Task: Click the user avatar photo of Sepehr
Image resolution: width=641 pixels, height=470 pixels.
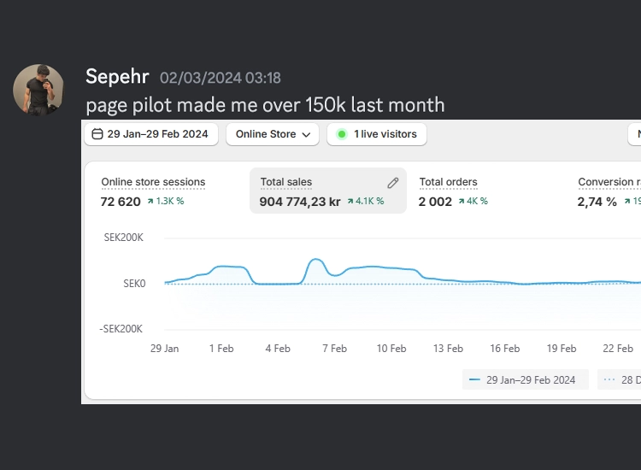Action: pos(38,90)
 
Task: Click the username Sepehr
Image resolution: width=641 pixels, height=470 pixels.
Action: pos(117,77)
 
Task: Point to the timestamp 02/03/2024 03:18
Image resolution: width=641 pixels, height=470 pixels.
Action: pos(221,78)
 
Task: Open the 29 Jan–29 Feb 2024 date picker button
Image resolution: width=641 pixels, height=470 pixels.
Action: pos(150,134)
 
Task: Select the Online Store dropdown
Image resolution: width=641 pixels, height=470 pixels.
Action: pos(273,134)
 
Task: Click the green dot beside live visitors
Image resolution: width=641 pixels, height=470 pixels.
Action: pos(342,134)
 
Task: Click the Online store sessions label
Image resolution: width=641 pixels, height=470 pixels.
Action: pos(153,182)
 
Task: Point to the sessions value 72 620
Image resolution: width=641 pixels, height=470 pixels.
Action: pos(121,202)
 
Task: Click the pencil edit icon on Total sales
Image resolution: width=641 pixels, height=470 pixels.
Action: pos(393,182)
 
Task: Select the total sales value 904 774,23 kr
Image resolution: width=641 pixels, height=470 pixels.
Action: pos(300,202)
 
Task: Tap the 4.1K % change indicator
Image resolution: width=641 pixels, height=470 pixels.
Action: pos(366,202)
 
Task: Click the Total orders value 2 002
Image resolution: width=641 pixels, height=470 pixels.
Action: pos(435,202)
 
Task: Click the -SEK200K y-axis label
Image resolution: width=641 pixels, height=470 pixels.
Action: pos(121,329)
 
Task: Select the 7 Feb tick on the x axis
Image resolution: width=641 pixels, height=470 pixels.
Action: pos(333,349)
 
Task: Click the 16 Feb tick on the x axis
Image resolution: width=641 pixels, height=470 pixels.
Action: pos(504,349)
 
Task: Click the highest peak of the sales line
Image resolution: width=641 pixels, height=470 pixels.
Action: pos(316,259)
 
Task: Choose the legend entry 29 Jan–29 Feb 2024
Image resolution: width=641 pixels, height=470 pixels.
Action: pos(525,379)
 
